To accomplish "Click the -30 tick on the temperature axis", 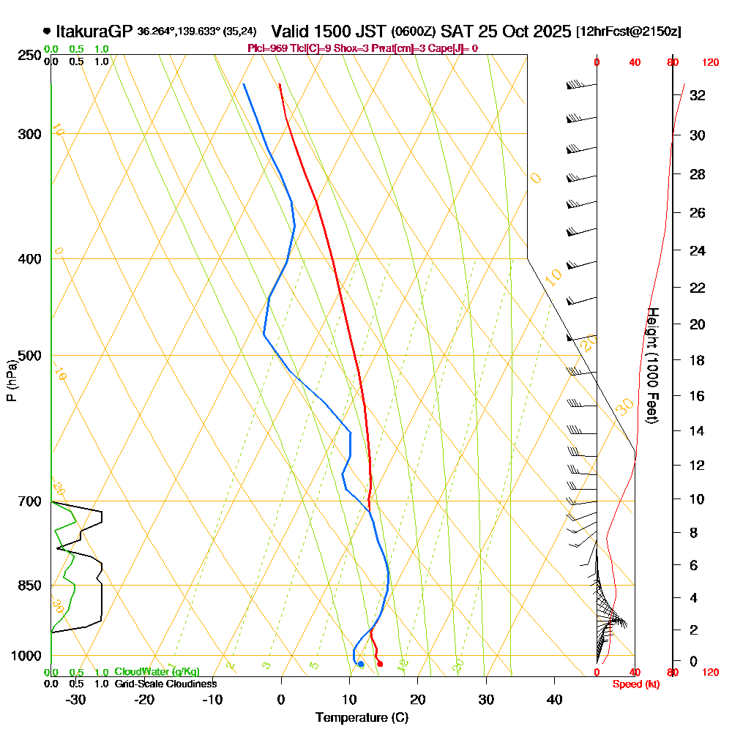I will [75, 699].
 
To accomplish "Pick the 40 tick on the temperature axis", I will [555, 699].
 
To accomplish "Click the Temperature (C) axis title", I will [362, 718].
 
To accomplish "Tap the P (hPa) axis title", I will [11, 380].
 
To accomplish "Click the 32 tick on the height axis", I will [697, 95].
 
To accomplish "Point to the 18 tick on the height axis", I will [697, 360].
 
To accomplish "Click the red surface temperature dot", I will [379, 664].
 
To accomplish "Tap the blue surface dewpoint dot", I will [360, 664].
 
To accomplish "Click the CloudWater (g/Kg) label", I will [157, 672].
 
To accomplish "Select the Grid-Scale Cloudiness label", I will [165, 684].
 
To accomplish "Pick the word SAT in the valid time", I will [457, 31].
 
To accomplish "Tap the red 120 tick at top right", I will [710, 63].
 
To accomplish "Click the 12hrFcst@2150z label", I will [629, 31].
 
